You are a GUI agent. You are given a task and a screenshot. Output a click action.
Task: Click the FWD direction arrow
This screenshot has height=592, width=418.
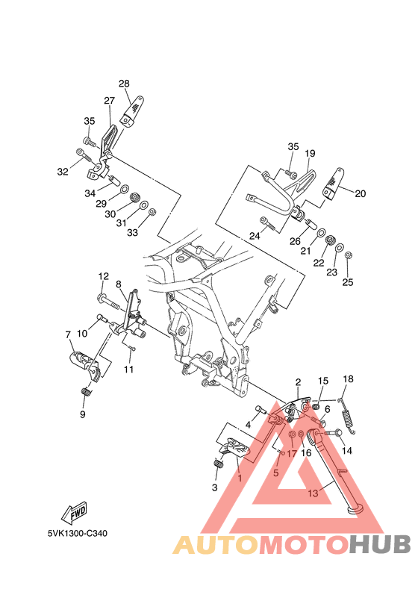tap(75, 513)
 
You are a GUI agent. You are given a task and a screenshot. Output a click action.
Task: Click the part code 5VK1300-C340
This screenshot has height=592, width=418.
tap(78, 534)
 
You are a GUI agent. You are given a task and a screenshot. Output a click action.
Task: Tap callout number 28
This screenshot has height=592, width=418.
tap(124, 84)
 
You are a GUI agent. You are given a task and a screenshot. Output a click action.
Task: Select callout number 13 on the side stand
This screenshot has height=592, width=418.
tap(313, 493)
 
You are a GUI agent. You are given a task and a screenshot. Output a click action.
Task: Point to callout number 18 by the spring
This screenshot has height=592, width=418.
tap(348, 378)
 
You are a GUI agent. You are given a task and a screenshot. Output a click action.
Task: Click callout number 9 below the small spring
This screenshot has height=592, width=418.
tap(83, 414)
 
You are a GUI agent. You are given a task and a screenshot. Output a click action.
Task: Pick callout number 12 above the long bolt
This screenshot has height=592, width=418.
tap(104, 276)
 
